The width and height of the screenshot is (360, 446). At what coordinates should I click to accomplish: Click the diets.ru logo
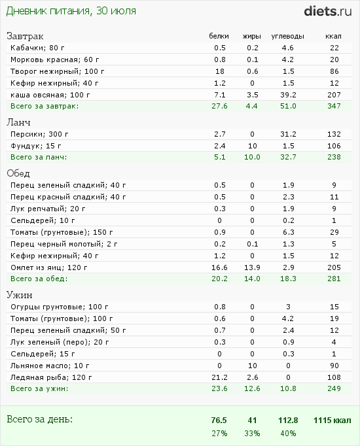pyautogui.click(x=328, y=11)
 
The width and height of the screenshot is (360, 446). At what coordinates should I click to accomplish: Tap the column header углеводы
pyautogui.click(x=287, y=36)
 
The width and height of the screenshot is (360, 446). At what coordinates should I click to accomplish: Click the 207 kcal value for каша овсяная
pyautogui.click(x=334, y=94)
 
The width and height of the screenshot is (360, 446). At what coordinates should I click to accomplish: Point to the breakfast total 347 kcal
pyautogui.click(x=334, y=106)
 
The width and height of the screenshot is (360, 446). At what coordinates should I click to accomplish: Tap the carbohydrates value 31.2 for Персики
pyautogui.click(x=287, y=133)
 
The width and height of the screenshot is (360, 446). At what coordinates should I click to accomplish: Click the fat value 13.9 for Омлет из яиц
pyautogui.click(x=252, y=267)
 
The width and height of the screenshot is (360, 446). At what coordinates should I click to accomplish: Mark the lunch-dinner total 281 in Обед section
pyautogui.click(x=334, y=279)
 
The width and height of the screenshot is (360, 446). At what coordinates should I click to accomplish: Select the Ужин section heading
pyautogui.click(x=20, y=295)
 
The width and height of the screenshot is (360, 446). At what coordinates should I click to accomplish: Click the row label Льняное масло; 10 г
pyautogui.click(x=48, y=365)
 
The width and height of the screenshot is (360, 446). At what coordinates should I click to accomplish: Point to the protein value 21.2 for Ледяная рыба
pyautogui.click(x=219, y=377)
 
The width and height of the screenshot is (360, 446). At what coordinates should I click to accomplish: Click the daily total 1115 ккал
pyautogui.click(x=333, y=420)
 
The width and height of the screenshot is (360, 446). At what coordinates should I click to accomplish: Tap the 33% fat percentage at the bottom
pyautogui.click(x=252, y=434)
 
